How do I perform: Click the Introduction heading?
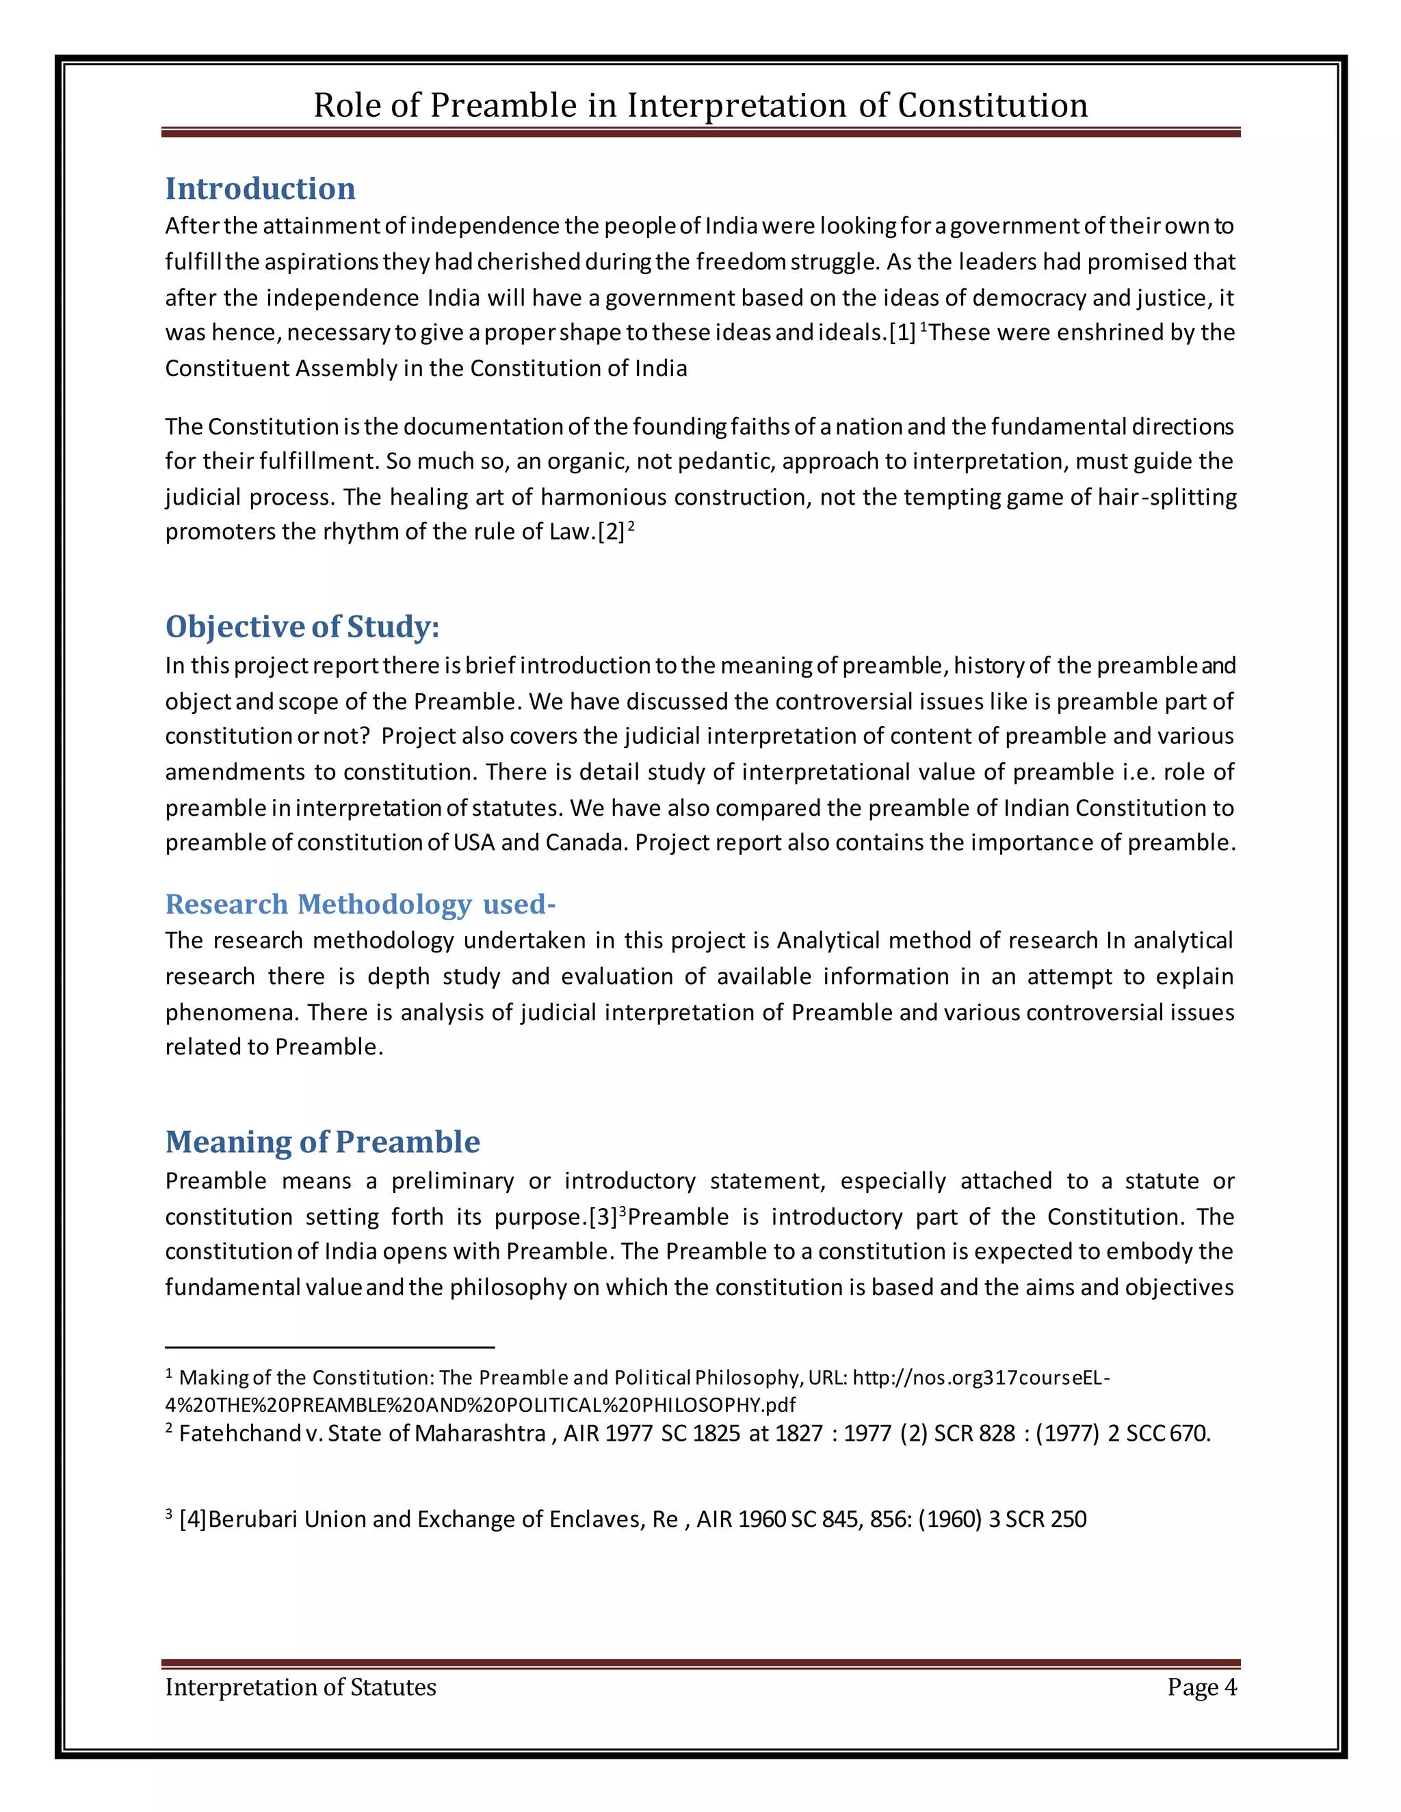click(x=260, y=189)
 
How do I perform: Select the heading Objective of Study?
click(x=302, y=626)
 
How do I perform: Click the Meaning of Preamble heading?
click(x=322, y=1142)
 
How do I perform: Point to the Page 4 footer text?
click(x=1201, y=1687)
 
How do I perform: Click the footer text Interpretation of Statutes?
click(x=300, y=1687)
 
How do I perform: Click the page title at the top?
click(x=700, y=105)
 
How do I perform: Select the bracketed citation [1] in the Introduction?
click(x=902, y=333)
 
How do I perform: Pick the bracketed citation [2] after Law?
click(x=611, y=532)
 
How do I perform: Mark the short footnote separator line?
click(x=330, y=1346)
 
